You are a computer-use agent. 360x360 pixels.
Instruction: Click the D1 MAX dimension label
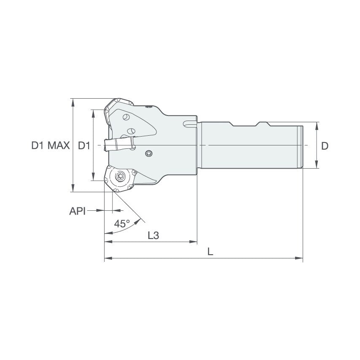[x=50, y=146]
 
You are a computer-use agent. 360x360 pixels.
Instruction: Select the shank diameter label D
[x=325, y=146]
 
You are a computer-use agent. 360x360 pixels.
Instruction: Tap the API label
[x=77, y=211]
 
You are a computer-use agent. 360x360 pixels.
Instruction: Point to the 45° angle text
[x=122, y=224]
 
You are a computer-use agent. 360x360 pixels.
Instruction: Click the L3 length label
[x=153, y=236]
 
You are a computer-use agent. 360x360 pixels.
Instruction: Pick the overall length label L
[x=210, y=252]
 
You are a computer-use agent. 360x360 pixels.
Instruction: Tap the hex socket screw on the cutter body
[x=148, y=153]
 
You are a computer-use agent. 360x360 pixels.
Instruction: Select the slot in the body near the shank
[x=190, y=124]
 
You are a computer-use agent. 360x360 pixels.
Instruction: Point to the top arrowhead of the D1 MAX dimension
[x=73, y=102]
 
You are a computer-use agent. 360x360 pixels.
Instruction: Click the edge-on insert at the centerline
[x=119, y=144]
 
